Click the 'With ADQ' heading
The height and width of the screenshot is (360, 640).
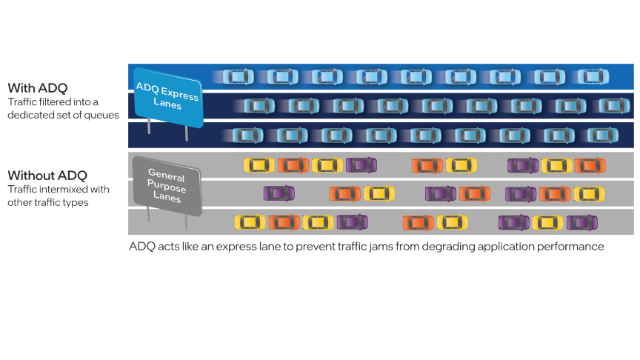tap(38, 88)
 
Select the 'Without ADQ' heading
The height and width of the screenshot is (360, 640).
tap(47, 176)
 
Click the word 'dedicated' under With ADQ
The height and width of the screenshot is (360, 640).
tap(26, 115)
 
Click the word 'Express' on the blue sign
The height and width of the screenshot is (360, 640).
tap(179, 93)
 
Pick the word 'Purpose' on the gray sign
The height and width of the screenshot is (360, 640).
tap(167, 186)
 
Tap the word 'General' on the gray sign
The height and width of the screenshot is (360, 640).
tap(167, 175)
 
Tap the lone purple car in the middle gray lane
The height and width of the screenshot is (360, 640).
tap(279, 193)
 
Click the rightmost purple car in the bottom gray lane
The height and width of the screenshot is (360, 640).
tap(582, 223)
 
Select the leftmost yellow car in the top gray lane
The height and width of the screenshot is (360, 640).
tap(259, 165)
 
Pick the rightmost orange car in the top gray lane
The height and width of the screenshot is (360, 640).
tap(590, 165)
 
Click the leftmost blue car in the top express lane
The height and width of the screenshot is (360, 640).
tap(239, 77)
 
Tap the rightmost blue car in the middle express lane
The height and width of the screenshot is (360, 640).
tap(614, 106)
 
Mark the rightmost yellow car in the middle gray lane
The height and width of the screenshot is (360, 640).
tap(590, 194)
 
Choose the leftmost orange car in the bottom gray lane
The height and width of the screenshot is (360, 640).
tap(284, 222)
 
